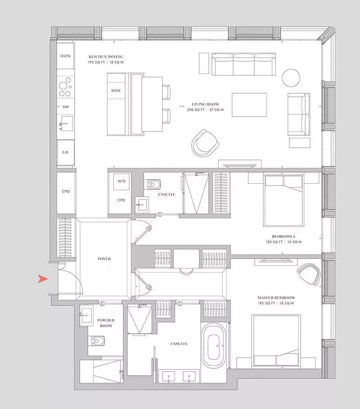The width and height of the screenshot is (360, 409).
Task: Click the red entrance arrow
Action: tap(43, 279)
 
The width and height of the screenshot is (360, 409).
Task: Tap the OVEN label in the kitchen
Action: tap(65, 56)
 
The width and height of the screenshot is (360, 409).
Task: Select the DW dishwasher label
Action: tap(66, 107)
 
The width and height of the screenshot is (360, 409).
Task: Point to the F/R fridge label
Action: tap(65, 152)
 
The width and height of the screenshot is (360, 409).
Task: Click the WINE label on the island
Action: tap(116, 91)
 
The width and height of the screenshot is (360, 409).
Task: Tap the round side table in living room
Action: tap(291, 78)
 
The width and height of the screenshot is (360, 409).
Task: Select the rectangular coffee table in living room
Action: tap(249, 105)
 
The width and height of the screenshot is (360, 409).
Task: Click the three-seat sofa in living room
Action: tap(243, 64)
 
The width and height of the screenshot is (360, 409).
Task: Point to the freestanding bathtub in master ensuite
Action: tap(215, 345)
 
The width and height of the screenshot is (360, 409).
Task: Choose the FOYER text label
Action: tap(104, 259)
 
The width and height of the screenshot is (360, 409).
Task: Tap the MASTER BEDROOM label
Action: tap(276, 297)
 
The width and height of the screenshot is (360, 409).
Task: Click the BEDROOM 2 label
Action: tap(283, 236)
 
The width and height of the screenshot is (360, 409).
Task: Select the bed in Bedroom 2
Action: tap(283, 200)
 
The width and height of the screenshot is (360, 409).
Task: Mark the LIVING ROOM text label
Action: tap(205, 104)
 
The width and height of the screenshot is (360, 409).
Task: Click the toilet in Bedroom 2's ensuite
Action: tap(154, 184)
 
